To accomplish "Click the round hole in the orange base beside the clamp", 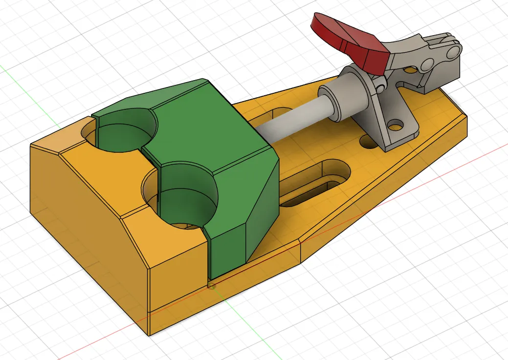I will pos(367,142).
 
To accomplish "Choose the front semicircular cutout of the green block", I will pos(188,195).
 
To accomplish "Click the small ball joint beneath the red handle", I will pos(379,88).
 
